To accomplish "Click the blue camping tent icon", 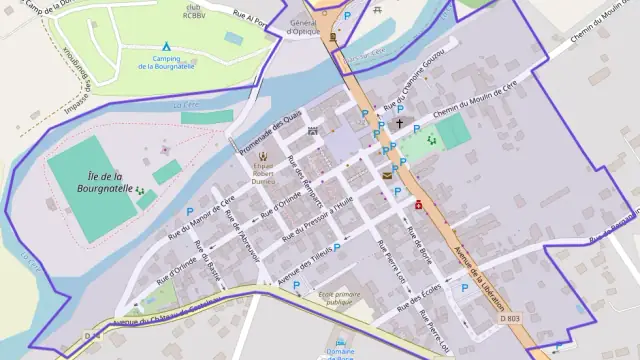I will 167,46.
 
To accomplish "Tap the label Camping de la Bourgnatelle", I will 167,62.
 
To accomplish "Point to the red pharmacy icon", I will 418,205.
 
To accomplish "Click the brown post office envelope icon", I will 386,176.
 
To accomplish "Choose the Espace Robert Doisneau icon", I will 263,157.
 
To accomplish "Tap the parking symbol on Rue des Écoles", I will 463,288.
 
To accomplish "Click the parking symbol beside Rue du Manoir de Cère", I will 190,211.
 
